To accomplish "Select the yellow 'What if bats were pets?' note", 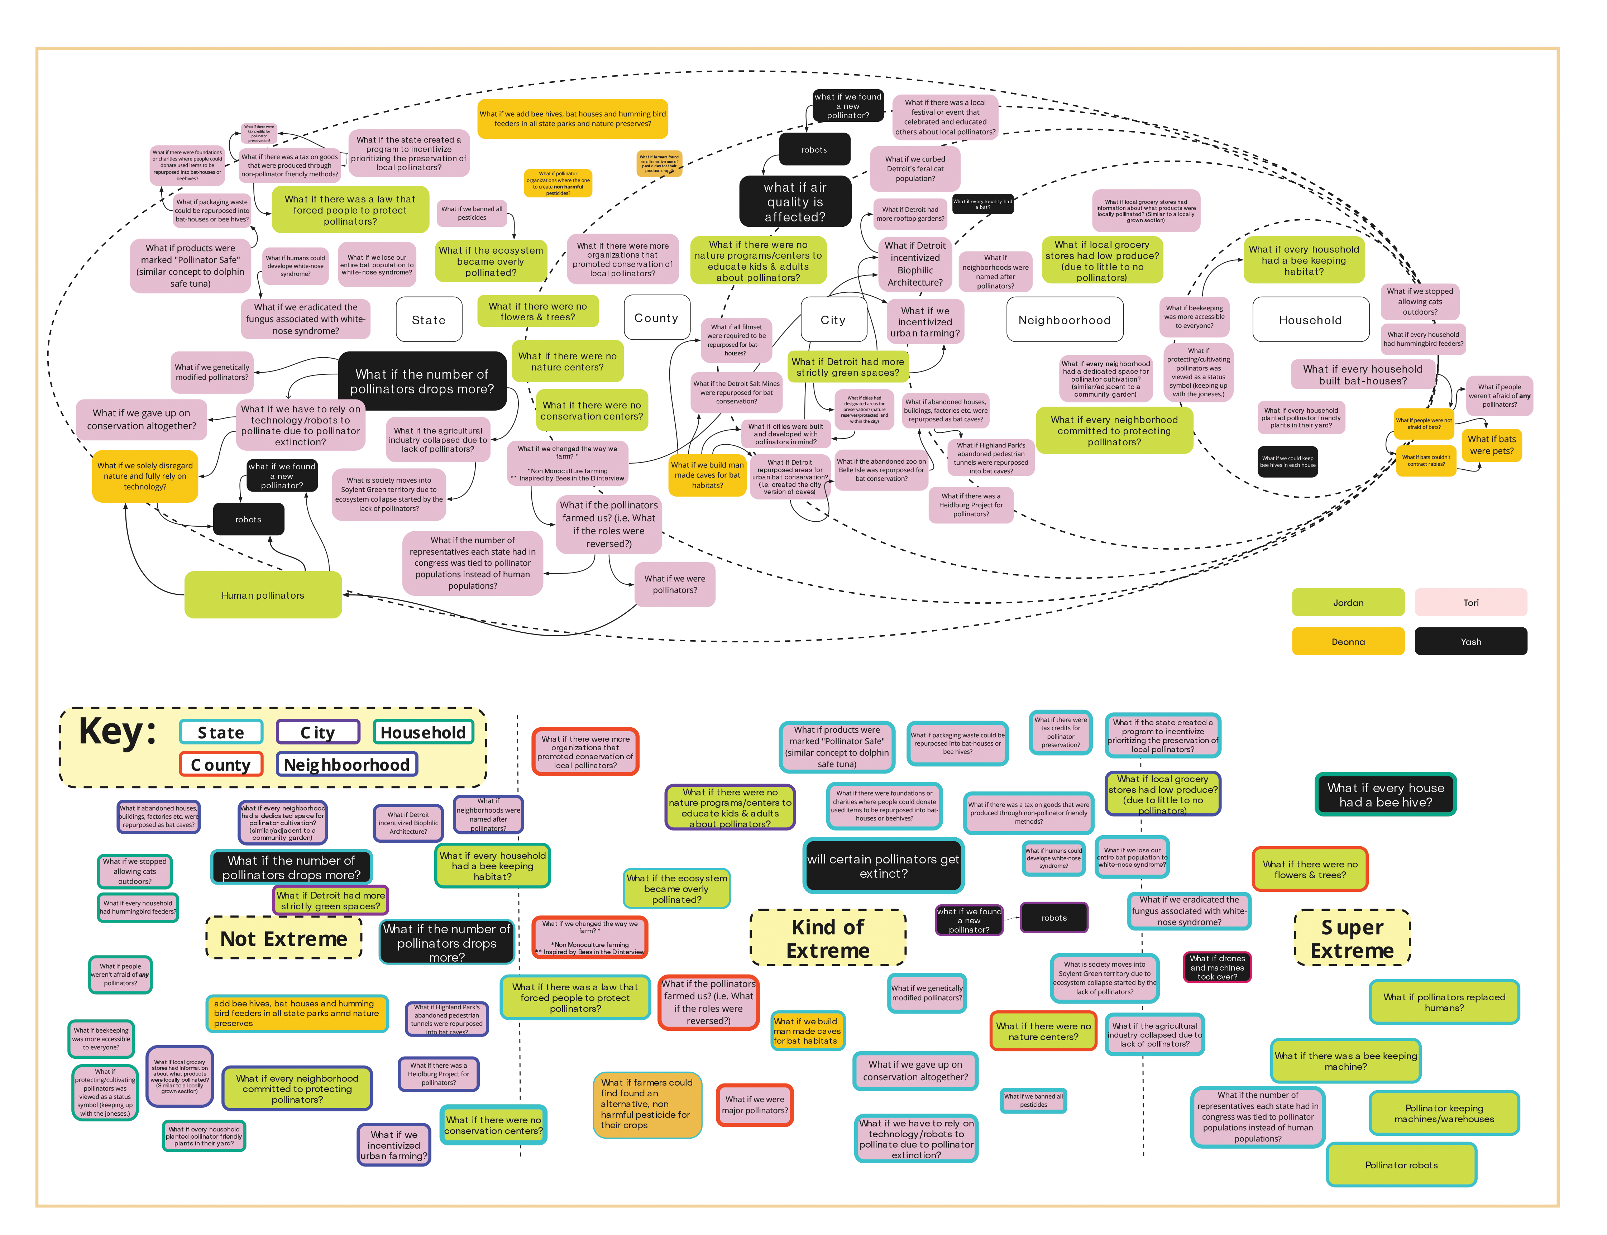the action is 1491,445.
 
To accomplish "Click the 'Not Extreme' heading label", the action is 284,939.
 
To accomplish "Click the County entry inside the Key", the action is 221,765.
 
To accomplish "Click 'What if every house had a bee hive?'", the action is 1385,795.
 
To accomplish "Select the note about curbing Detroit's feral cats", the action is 914,168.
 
